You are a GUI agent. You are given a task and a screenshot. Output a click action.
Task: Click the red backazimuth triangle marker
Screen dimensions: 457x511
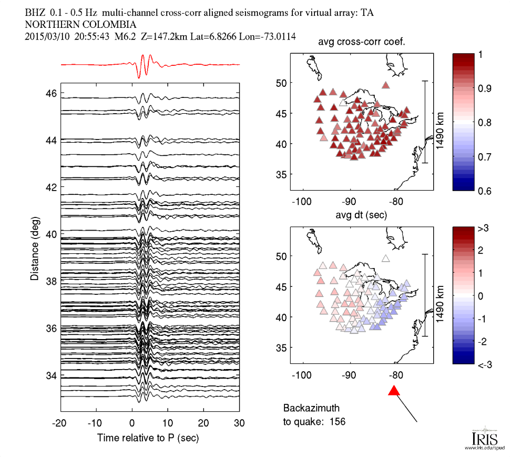pyautogui.click(x=394, y=391)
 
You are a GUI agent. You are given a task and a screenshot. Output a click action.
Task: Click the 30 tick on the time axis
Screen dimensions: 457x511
pyautogui.click(x=240, y=423)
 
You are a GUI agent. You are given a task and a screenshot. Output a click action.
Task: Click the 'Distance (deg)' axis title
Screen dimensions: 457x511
pyautogui.click(x=35, y=246)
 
